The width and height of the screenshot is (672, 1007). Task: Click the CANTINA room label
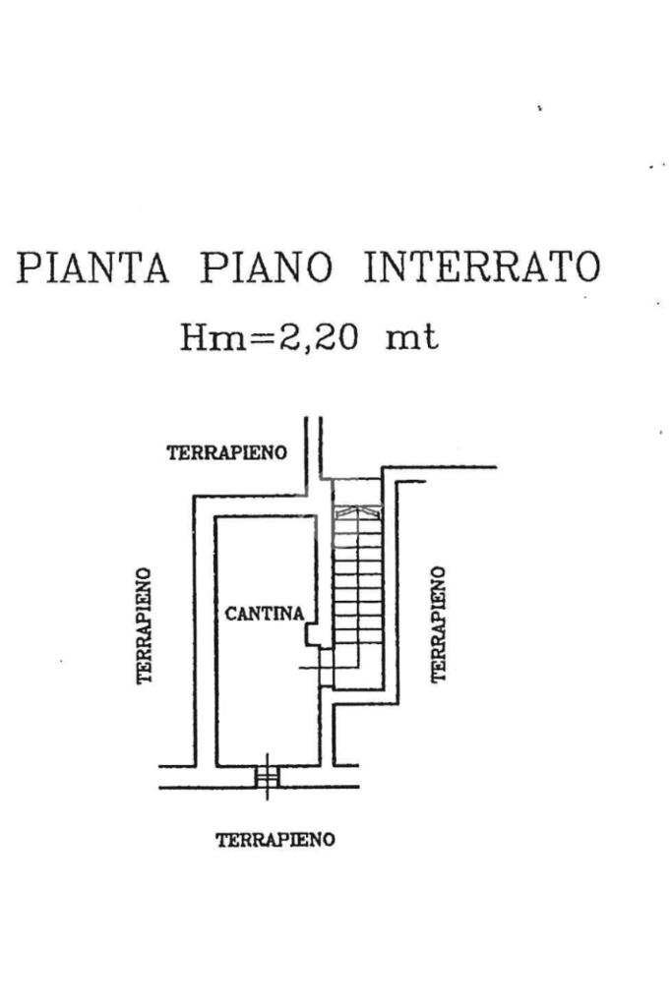[x=265, y=614]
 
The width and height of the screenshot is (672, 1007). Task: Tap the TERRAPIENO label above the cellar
[x=227, y=453]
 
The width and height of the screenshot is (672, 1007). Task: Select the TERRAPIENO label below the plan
[x=275, y=840]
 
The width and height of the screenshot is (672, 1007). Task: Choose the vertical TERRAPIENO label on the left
[x=145, y=625]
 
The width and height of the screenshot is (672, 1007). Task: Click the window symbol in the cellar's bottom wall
[x=267, y=777]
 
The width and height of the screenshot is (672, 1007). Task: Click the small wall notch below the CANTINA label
[x=312, y=635]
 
